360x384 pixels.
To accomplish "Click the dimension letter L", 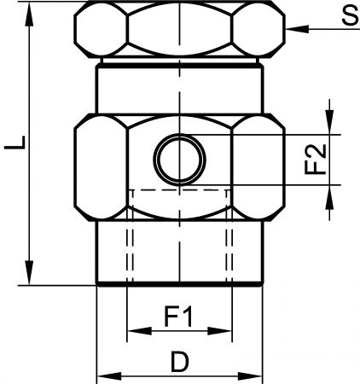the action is [x=15, y=143].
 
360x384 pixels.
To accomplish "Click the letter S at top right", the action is [x=351, y=15].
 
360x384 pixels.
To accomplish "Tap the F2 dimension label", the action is [x=315, y=160].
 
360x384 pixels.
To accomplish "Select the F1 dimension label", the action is [x=178, y=316].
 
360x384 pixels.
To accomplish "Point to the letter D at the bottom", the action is [x=180, y=362].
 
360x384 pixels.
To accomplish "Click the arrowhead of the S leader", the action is [x=297, y=29].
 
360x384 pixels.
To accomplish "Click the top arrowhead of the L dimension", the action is [x=29, y=14].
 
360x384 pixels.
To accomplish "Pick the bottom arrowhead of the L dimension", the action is [x=29, y=272].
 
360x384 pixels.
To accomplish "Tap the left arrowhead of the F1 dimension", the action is [x=139, y=331].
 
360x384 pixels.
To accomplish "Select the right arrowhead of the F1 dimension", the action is [x=220, y=331].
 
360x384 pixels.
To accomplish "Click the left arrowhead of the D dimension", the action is [x=109, y=376].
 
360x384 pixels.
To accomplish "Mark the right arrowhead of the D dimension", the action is [x=250, y=376].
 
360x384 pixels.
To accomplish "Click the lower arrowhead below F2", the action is [x=329, y=197].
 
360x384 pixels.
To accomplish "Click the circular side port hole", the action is [x=179, y=160].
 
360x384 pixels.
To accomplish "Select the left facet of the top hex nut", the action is [x=101, y=30].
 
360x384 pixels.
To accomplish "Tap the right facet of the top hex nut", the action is [x=258, y=30].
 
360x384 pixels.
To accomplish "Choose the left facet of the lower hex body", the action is [x=101, y=167].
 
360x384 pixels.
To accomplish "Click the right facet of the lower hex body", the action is [x=258, y=167].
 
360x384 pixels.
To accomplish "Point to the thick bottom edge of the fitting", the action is [x=179, y=283].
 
